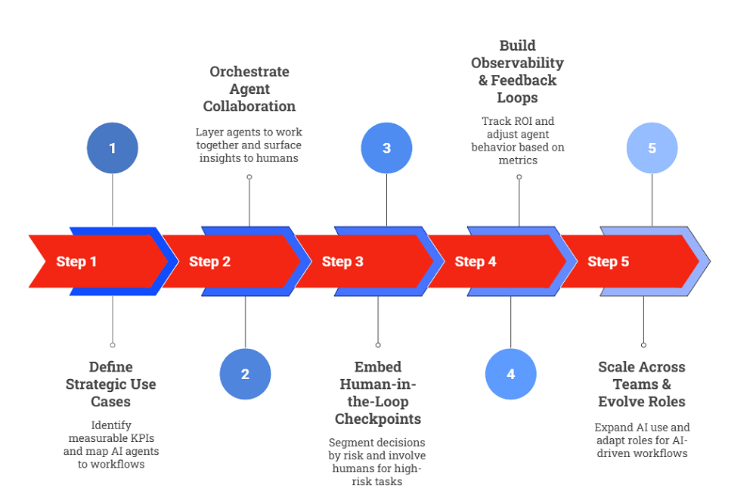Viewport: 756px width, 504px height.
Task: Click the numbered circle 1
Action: click(x=113, y=148)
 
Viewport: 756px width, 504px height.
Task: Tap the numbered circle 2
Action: click(x=245, y=374)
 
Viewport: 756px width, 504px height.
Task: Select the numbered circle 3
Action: click(x=386, y=148)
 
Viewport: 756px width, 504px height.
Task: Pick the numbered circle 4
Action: click(x=510, y=374)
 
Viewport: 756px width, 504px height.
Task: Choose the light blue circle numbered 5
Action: click(x=652, y=148)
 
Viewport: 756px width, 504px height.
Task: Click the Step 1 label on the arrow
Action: click(x=76, y=262)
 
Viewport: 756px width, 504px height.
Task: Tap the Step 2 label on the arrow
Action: click(x=209, y=262)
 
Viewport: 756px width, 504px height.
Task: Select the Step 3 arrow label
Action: click(x=342, y=262)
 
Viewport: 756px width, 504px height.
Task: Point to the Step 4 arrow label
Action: click(x=476, y=262)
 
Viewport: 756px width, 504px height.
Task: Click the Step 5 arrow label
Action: click(x=608, y=262)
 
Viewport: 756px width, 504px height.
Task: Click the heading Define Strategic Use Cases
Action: click(x=111, y=384)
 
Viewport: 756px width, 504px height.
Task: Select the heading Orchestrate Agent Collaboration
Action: click(x=249, y=89)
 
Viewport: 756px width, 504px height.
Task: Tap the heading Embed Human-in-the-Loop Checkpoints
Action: click(x=378, y=393)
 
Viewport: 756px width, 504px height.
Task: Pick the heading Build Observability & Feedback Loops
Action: click(x=519, y=71)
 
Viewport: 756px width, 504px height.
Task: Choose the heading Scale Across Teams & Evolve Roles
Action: click(x=642, y=384)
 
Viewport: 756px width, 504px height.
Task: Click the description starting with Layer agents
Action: click(x=249, y=145)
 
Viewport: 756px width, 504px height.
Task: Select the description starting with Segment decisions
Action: click(x=378, y=462)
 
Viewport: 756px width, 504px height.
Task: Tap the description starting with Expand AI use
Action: click(x=642, y=440)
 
